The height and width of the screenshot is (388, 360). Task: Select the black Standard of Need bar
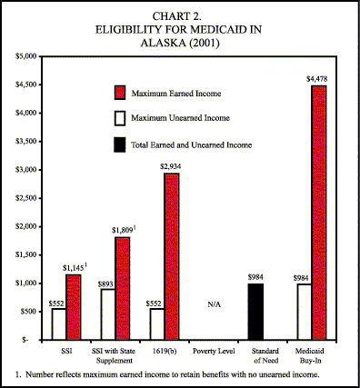pyautogui.click(x=255, y=311)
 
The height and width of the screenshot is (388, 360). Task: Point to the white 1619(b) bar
pyautogui.click(x=156, y=323)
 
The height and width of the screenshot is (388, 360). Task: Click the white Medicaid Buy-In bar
pyautogui.click(x=304, y=311)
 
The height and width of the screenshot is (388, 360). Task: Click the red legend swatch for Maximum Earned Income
pyautogui.click(x=118, y=94)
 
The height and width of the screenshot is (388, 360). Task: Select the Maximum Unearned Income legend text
pyautogui.click(x=181, y=118)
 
